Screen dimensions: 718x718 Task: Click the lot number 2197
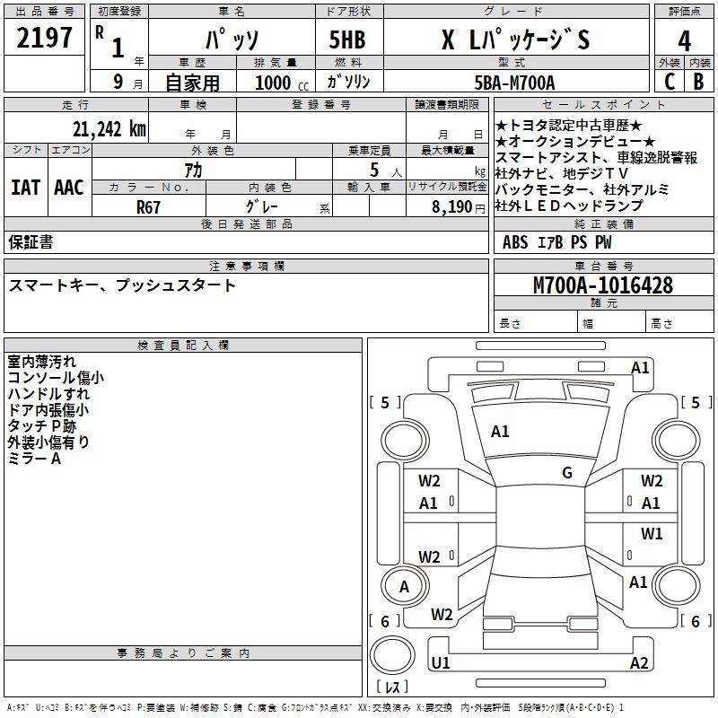pyautogui.click(x=45, y=39)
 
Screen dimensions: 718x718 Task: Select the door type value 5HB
pyautogui.click(x=347, y=40)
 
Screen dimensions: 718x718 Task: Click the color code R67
pyautogui.click(x=149, y=206)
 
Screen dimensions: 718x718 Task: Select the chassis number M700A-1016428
pyautogui.click(x=603, y=285)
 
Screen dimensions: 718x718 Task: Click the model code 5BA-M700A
pyautogui.click(x=515, y=83)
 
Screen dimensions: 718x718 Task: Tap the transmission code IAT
pyautogui.click(x=25, y=188)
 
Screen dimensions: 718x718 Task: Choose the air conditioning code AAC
pyautogui.click(x=69, y=188)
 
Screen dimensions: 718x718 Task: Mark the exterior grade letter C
pyautogui.click(x=669, y=82)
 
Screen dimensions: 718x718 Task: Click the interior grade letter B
pyautogui.click(x=698, y=82)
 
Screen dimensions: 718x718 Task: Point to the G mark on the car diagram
pyautogui.click(x=567, y=473)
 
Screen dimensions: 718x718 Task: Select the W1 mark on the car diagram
pyautogui.click(x=652, y=534)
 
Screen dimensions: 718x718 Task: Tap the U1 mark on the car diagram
pyautogui.click(x=440, y=663)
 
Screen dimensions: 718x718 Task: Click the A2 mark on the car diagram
pyautogui.click(x=639, y=663)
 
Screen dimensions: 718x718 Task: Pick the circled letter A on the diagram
pyautogui.click(x=404, y=587)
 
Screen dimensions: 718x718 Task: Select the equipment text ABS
pyautogui.click(x=515, y=241)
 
